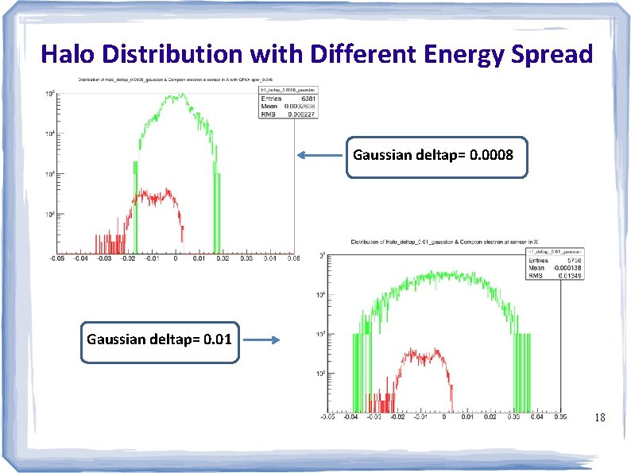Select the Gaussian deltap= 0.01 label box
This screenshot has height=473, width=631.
[160, 340]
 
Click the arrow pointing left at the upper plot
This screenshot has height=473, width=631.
[321, 156]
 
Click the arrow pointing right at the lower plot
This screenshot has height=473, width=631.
[261, 340]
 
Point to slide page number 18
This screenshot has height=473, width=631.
[600, 417]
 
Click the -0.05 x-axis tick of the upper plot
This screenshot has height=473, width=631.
[56, 258]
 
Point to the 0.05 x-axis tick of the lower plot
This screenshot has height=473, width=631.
[559, 416]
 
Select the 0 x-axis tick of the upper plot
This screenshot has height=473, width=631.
[175, 258]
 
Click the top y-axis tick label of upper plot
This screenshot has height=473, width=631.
[48, 94]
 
